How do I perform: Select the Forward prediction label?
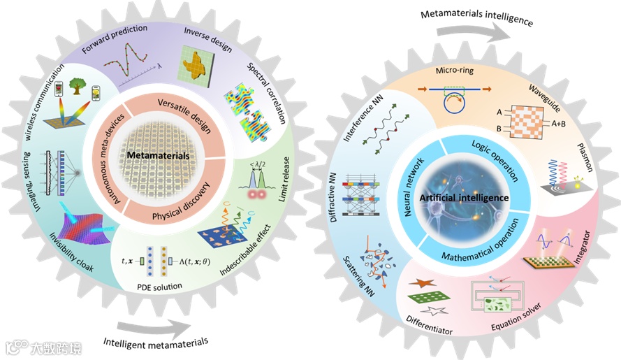point(115,40)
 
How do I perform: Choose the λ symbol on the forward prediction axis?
point(160,66)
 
